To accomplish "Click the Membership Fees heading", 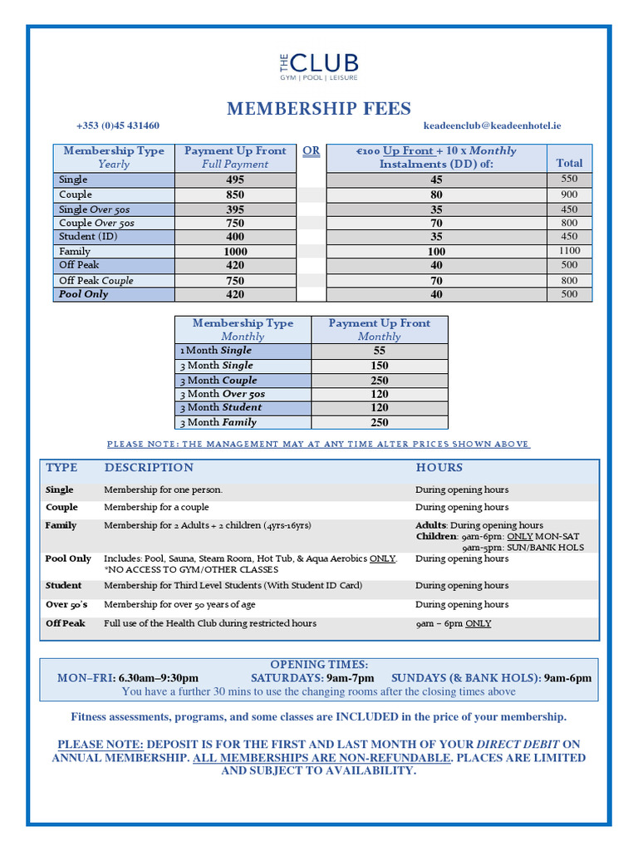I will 319,109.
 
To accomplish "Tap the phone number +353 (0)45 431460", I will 118,125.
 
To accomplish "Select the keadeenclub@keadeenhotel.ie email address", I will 492,125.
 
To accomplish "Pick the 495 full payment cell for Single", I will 235,180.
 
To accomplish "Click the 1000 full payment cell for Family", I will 235,251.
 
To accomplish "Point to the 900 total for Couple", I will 569,194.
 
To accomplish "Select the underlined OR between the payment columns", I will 311,150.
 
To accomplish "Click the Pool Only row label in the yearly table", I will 84,294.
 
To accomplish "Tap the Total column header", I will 569,163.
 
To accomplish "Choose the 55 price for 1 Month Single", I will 379,351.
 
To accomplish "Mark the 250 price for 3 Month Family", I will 379,422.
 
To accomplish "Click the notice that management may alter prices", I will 318,445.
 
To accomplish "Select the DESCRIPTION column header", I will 149,468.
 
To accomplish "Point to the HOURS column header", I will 439,468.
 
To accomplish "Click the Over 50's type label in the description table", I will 67,604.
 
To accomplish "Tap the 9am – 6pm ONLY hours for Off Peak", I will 453,623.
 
